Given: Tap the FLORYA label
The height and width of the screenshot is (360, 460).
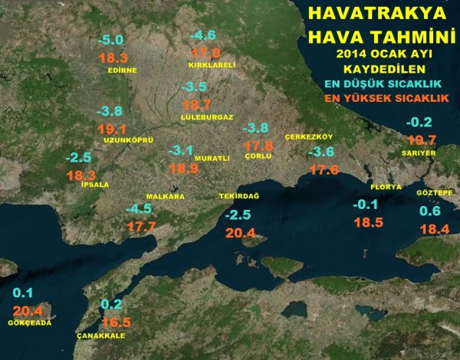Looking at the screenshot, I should pos(386,187).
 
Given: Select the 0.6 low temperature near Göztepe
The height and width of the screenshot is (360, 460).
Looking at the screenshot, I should pos(430,211).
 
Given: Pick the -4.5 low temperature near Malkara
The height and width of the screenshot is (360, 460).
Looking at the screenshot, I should pos(139,209).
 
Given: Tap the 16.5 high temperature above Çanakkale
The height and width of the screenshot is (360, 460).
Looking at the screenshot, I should pos(116,322).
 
